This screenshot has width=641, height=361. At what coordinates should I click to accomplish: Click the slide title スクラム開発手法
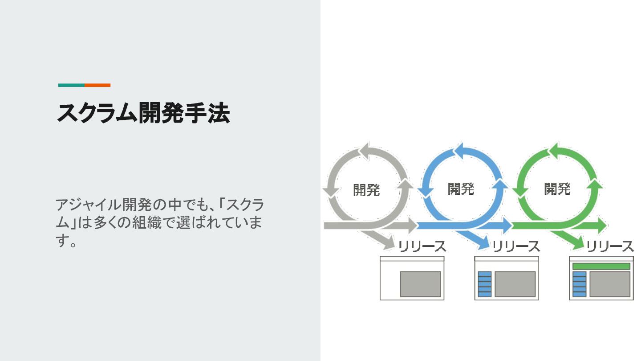[x=143, y=113]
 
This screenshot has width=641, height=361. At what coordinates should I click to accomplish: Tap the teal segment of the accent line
[x=71, y=85]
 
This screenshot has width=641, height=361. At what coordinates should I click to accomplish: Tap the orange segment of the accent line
[x=97, y=85]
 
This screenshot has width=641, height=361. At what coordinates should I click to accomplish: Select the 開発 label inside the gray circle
[x=366, y=190]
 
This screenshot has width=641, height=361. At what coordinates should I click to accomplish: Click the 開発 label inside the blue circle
[x=461, y=189]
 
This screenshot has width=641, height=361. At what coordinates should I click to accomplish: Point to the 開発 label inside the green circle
[x=557, y=189]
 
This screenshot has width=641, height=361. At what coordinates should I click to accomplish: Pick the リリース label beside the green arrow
[x=610, y=246]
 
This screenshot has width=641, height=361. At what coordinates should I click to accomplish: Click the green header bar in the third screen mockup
[x=601, y=266]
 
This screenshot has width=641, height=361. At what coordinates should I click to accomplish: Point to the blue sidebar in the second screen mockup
[x=484, y=284]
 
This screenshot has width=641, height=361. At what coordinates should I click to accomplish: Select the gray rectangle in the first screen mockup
[x=420, y=284]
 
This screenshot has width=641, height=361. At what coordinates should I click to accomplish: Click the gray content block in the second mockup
[x=515, y=284]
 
